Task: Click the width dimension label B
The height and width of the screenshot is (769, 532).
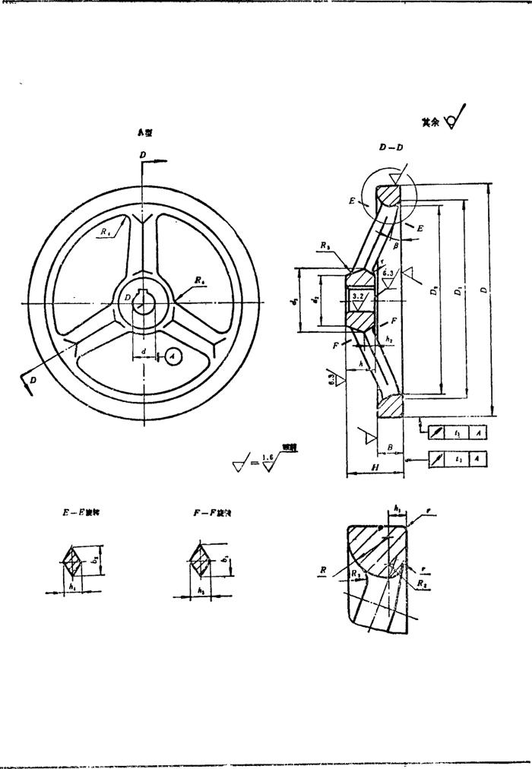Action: [x=390, y=449]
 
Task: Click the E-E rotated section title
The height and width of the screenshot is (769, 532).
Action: [x=81, y=513]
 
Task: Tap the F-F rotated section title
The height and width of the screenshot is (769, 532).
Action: [x=212, y=514]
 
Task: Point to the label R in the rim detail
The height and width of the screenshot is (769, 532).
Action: [x=323, y=568]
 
